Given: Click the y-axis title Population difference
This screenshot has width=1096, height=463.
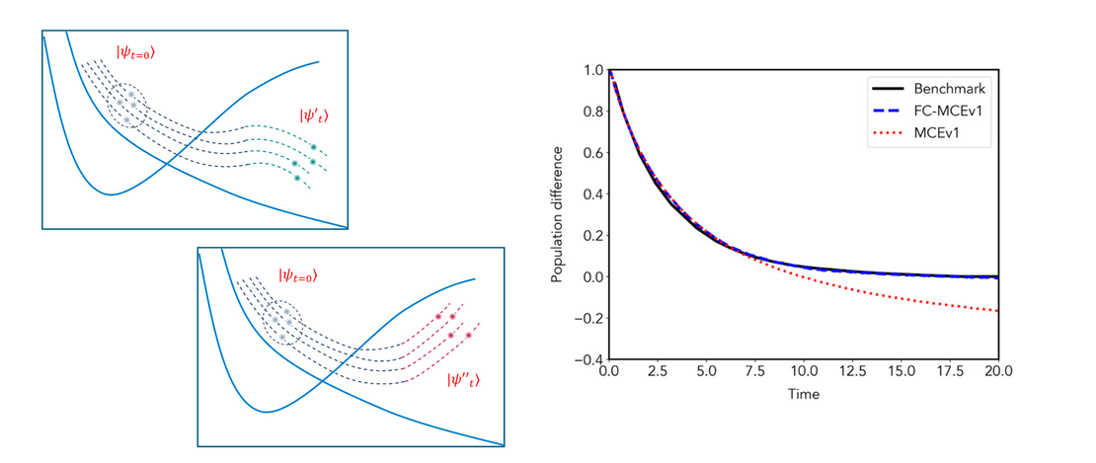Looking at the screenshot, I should [x=559, y=214].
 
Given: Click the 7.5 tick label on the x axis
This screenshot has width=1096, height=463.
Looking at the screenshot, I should [x=754, y=374].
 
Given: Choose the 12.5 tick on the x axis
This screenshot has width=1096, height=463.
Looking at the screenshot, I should [x=852, y=374].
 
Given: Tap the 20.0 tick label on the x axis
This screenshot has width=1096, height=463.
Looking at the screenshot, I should [x=998, y=374].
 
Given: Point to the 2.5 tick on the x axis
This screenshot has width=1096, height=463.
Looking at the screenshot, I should [x=658, y=374].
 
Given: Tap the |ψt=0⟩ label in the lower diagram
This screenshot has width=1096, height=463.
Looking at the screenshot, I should [x=298, y=274].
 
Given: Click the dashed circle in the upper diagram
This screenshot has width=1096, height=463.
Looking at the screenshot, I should [x=125, y=104].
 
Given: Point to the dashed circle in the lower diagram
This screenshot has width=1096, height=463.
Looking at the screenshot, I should [x=283, y=323].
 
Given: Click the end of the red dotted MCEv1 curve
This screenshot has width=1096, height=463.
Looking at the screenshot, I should [x=998, y=312].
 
